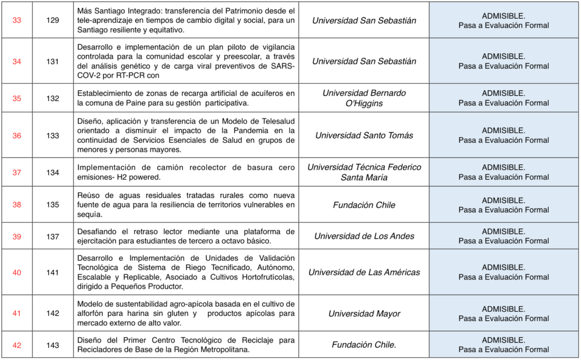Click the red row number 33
click(16, 20)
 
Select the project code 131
click(53, 61)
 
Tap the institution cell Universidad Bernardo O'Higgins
click(364, 98)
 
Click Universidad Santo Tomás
click(364, 135)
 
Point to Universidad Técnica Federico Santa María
click(364, 172)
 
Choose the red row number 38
click(16, 205)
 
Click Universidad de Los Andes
click(364, 236)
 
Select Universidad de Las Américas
click(364, 272)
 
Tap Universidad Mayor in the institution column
click(364, 314)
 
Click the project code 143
click(53, 345)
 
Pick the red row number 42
click(16, 345)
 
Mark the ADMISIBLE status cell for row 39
click(503, 236)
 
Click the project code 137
click(53, 236)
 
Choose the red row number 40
click(16, 272)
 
